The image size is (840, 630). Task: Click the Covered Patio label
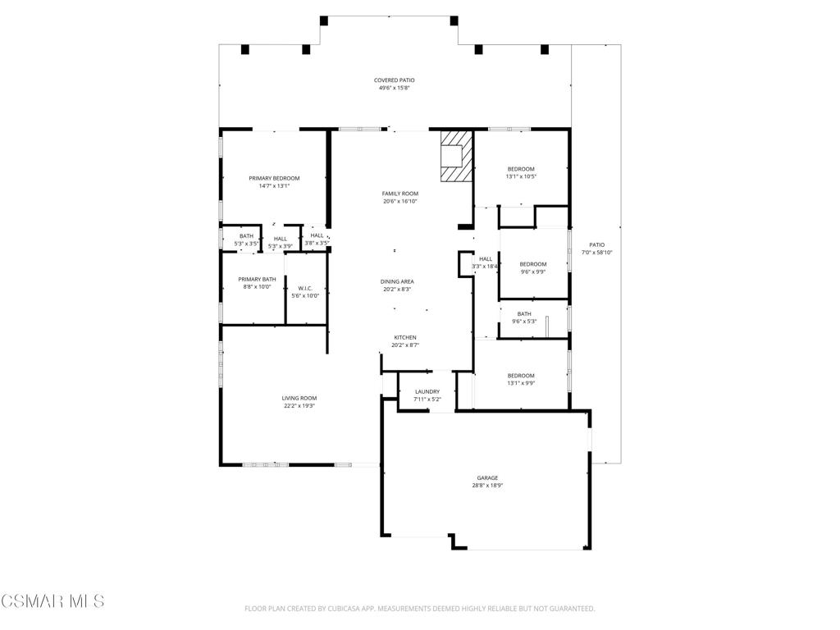[395, 80]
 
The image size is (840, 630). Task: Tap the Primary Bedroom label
[274, 178]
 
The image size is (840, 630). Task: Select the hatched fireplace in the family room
[456, 156]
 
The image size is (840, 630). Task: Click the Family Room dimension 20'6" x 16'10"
[399, 202]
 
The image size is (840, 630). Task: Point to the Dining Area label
[397, 282]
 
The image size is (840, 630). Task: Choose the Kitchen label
[405, 337]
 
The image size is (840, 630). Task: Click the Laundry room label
[427, 392]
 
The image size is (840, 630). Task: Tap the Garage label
[487, 478]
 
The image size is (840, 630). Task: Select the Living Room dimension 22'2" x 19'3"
[299, 406]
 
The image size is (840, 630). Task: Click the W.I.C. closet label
[305, 288]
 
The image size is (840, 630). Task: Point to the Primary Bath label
[257, 279]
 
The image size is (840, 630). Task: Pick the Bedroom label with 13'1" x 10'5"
[521, 169]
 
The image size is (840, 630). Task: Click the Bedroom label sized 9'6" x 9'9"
[533, 264]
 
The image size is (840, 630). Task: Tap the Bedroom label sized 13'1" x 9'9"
[521, 376]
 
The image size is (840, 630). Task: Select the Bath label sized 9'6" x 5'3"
[524, 314]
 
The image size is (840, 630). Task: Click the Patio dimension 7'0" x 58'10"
[597, 253]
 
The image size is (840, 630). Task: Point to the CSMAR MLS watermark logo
[52, 601]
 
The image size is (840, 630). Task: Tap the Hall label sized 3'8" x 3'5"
[317, 235]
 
